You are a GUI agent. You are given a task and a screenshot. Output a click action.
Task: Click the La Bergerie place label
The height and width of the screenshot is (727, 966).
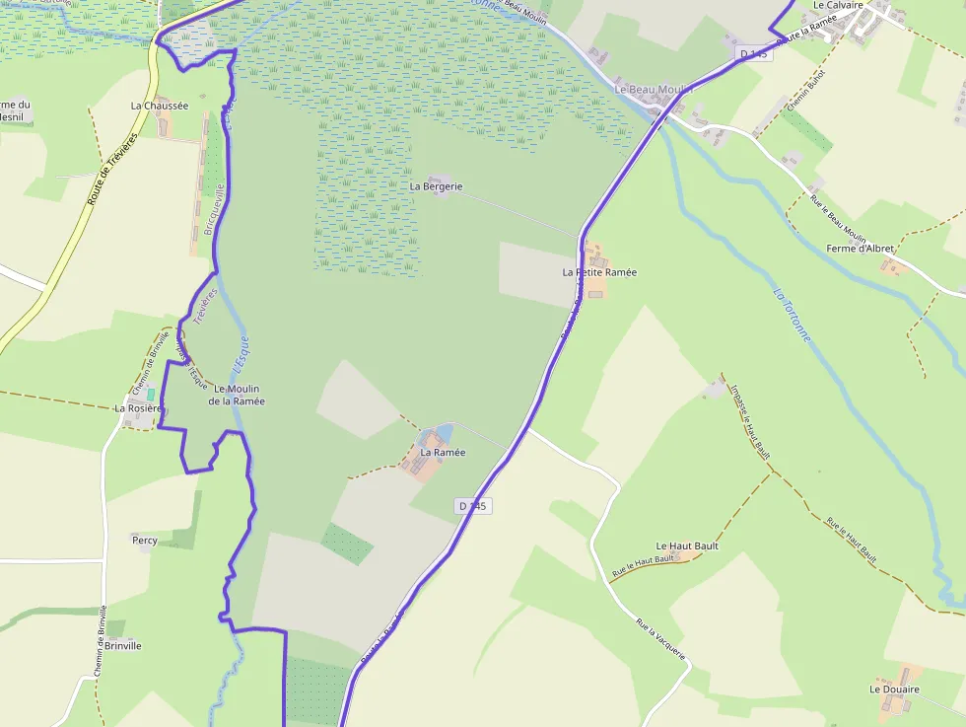[x=436, y=186]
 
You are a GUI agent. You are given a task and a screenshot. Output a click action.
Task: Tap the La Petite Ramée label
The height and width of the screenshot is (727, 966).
[x=599, y=272]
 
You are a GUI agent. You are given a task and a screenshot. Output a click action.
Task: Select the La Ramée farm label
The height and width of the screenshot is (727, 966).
[x=443, y=453]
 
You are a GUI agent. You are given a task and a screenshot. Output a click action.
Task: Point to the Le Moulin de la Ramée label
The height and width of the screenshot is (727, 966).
[x=237, y=396]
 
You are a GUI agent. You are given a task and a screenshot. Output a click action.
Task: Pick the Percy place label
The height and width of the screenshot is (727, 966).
[x=145, y=541]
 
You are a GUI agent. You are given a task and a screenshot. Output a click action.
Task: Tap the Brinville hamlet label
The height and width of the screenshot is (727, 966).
[x=122, y=646]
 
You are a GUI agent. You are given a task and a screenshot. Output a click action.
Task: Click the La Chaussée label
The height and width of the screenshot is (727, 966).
[x=159, y=106]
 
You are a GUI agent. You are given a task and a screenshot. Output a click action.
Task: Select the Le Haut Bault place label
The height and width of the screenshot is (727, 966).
[x=687, y=545]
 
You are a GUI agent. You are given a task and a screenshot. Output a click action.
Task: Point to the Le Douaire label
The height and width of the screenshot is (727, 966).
[x=894, y=690]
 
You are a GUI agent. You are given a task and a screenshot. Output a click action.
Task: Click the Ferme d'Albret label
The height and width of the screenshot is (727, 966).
[x=860, y=249]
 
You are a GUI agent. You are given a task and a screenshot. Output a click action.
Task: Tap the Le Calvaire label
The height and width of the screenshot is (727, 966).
[x=838, y=5]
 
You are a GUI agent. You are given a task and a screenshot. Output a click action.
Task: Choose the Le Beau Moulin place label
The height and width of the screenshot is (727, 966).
[x=653, y=89]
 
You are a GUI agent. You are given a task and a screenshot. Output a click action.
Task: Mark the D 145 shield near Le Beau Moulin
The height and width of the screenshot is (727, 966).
[x=752, y=54]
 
